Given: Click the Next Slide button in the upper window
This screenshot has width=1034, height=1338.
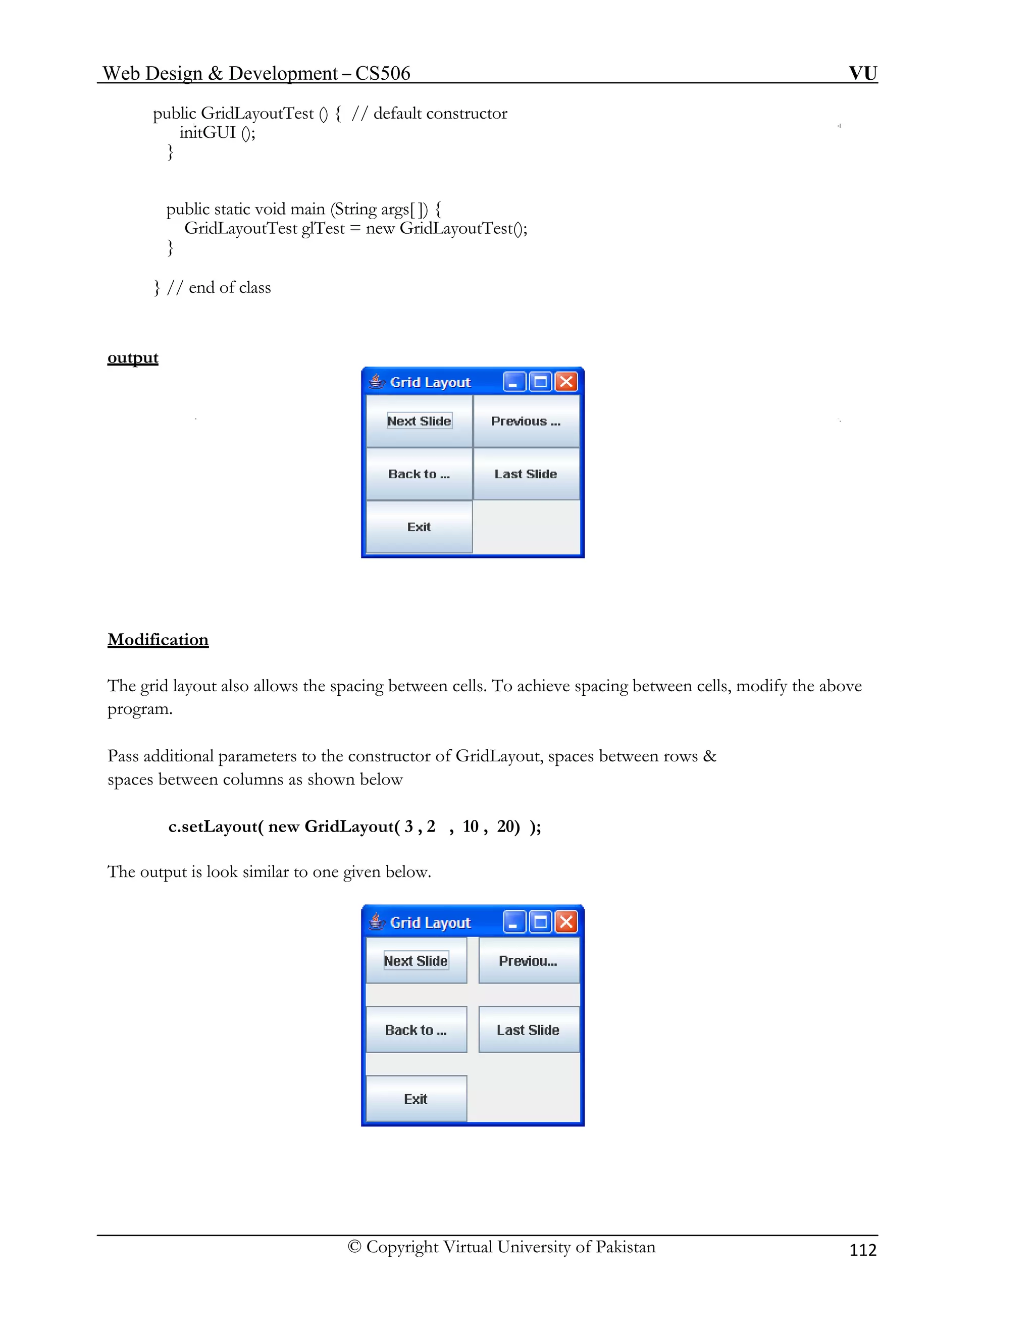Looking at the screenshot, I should point(420,421).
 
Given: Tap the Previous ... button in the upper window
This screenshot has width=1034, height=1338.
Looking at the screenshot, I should point(526,421).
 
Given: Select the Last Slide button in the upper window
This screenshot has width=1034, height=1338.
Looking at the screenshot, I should point(526,474).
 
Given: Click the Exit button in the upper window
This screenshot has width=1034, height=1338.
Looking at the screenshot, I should point(420,527).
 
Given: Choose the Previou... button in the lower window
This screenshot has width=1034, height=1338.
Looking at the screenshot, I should point(529,961).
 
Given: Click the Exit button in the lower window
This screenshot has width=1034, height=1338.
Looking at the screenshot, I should point(416,1099).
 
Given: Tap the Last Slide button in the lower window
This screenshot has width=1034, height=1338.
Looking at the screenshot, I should point(529,1030).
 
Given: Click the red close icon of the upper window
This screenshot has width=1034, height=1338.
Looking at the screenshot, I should point(566,382).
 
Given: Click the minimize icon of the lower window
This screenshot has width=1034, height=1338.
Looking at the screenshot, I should point(514,922).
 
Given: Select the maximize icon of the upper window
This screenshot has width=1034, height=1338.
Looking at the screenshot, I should point(540,382).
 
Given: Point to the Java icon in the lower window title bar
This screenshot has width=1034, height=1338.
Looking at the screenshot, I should point(377,921).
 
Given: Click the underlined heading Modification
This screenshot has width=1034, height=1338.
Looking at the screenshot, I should point(158,640).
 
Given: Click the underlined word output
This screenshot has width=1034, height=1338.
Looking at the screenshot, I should point(133,358).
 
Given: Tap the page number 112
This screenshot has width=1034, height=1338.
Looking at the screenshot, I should point(862,1250).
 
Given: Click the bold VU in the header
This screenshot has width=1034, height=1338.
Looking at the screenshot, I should point(862,73).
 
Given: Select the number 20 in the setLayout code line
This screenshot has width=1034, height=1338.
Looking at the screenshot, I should point(506,827).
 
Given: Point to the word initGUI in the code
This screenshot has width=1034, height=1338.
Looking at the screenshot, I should point(208,132).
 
